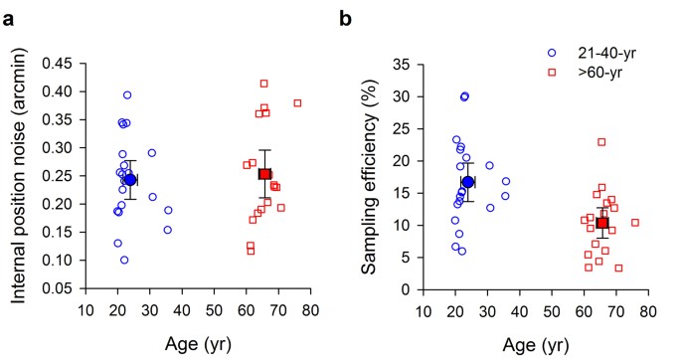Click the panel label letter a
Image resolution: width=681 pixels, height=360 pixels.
point(9,16)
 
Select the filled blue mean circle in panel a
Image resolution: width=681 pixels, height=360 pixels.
point(130,179)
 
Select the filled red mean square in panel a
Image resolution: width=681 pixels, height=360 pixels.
point(265,174)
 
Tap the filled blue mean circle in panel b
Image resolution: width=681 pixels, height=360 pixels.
point(468,182)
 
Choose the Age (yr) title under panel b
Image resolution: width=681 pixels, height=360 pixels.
point(535,344)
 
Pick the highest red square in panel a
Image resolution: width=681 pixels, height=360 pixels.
point(264,84)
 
